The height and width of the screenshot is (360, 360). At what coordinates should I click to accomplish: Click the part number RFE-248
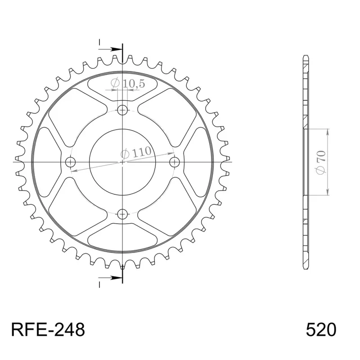[x=48, y=330]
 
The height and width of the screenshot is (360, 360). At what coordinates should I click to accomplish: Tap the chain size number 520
[x=321, y=330]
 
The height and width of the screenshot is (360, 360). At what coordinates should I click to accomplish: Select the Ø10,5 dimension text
[x=128, y=83]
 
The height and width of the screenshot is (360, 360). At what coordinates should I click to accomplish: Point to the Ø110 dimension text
[x=136, y=152]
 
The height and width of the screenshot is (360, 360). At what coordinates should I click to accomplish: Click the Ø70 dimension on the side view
[x=321, y=162]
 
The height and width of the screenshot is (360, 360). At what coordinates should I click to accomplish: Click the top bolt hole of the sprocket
[x=122, y=110]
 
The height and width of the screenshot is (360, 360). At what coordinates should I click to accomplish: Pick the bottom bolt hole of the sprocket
[x=122, y=214]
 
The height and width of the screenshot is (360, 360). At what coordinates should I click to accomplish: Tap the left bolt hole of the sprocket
[x=70, y=162]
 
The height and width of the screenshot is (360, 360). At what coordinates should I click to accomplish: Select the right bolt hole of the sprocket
[x=175, y=162]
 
